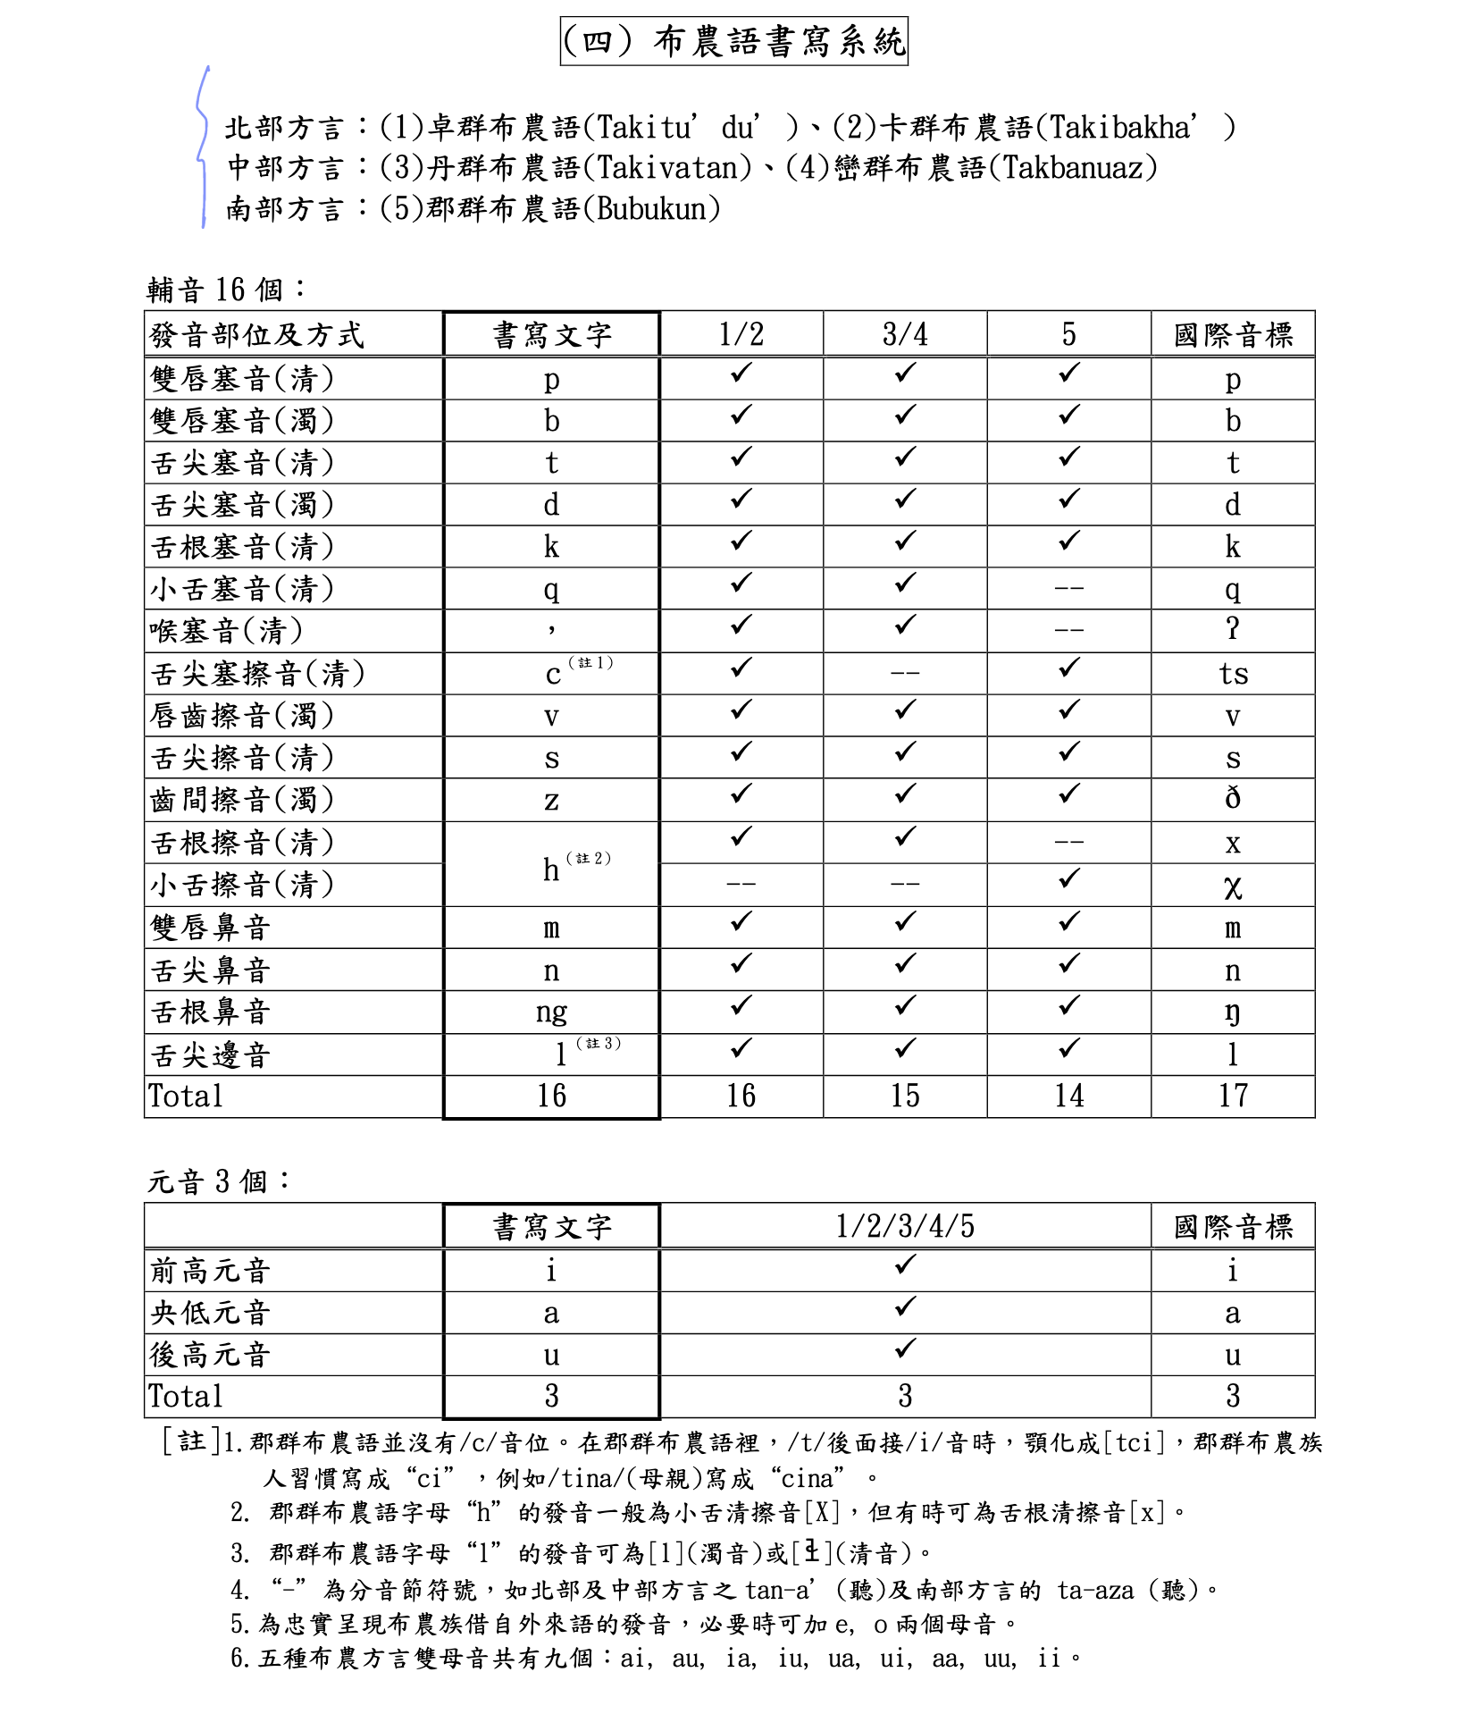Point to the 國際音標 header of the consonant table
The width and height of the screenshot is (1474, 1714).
coord(1233,335)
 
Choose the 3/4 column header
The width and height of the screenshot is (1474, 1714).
coord(905,335)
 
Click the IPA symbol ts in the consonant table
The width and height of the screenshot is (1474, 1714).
coord(1233,674)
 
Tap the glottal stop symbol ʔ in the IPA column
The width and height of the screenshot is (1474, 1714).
coord(1233,630)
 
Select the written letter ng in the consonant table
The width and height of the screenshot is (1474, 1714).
coord(551,1012)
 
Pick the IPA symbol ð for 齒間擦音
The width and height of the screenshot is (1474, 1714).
coord(1233,799)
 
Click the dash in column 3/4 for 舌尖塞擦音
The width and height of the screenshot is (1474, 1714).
coord(905,673)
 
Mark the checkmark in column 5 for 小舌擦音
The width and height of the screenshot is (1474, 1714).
coord(1068,880)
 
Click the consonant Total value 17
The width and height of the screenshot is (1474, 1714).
coord(1233,1096)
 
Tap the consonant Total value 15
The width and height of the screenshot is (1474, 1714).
coord(905,1096)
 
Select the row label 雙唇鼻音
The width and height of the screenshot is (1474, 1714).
coord(211,928)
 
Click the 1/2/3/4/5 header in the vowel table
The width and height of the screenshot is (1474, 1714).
coord(905,1226)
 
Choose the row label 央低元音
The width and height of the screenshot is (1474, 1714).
coord(211,1313)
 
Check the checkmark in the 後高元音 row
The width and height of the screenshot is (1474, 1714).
coord(905,1349)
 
